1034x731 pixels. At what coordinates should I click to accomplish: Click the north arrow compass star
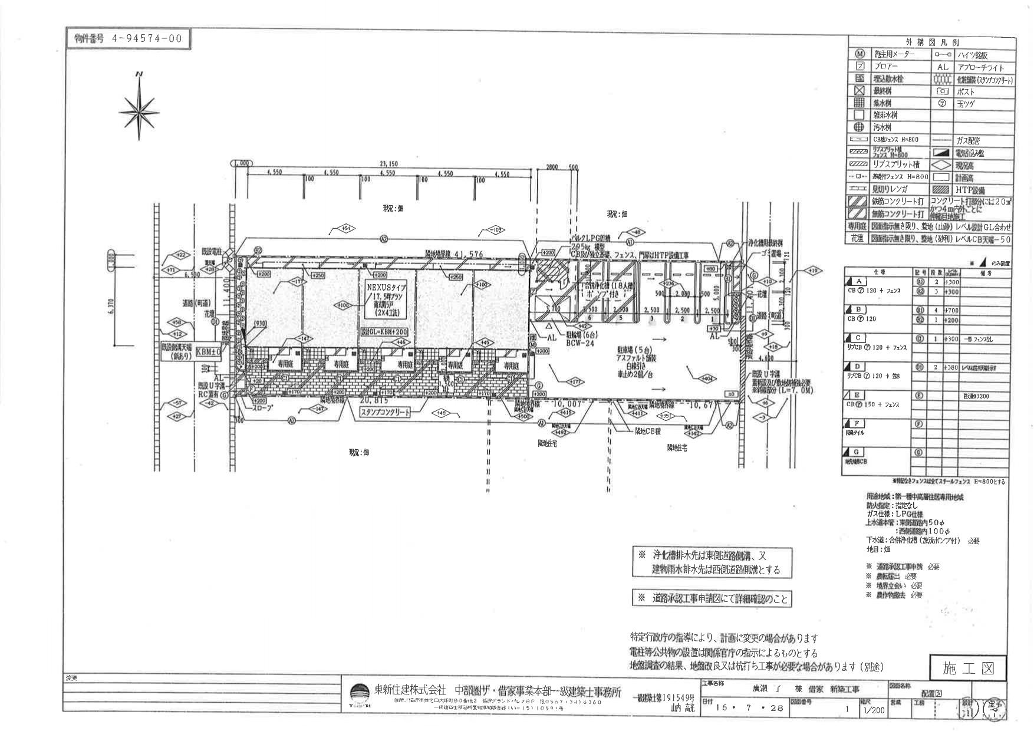[x=140, y=109]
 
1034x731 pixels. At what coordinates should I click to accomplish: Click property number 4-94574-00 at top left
[x=128, y=39]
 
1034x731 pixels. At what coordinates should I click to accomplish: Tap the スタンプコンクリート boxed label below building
[x=386, y=413]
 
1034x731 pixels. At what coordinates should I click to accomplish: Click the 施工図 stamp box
[x=968, y=668]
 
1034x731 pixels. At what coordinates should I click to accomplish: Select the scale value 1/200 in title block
[x=874, y=710]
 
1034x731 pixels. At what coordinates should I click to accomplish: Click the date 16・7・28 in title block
[x=749, y=709]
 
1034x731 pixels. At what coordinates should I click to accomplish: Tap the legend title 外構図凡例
[x=932, y=42]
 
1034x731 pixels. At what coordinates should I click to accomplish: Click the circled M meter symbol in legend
[x=859, y=54]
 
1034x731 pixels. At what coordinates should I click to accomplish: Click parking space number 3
[x=650, y=318]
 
